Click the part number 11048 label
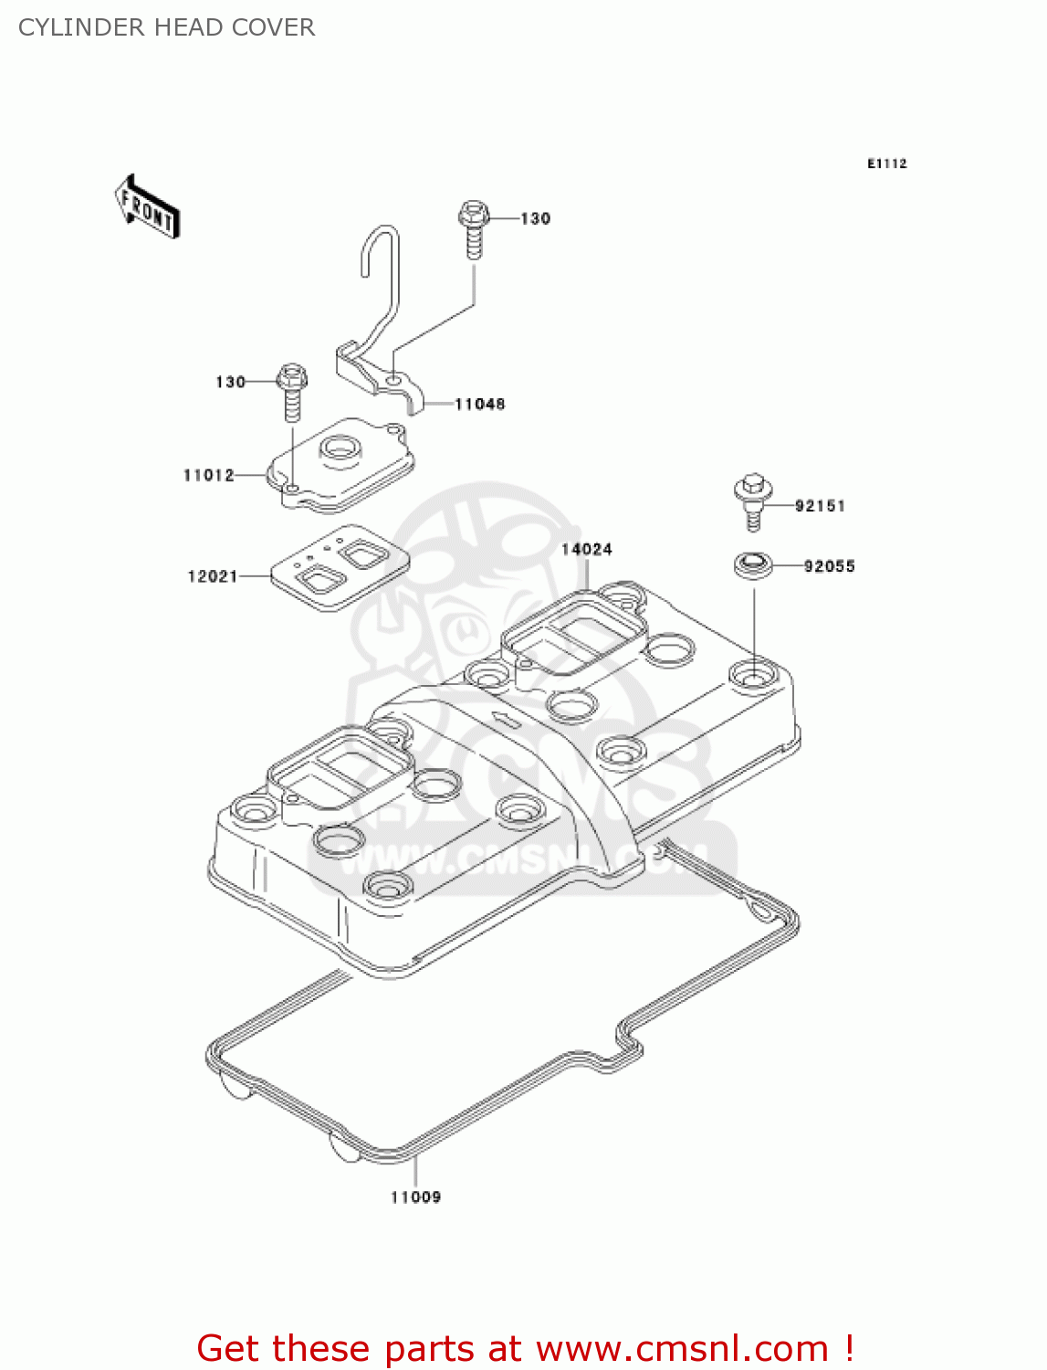[479, 404]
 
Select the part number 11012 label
[209, 475]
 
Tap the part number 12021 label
[213, 576]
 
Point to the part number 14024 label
[586, 549]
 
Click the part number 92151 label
[820, 505]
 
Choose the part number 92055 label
[829, 566]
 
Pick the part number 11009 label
[415, 1197]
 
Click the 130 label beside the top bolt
[536, 218]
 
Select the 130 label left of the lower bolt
[230, 382]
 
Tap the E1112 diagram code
[886, 163]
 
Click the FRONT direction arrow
[147, 207]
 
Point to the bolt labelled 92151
[752, 501]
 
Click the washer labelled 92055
[753, 564]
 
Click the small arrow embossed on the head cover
[503, 718]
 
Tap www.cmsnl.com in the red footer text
[682, 1348]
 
